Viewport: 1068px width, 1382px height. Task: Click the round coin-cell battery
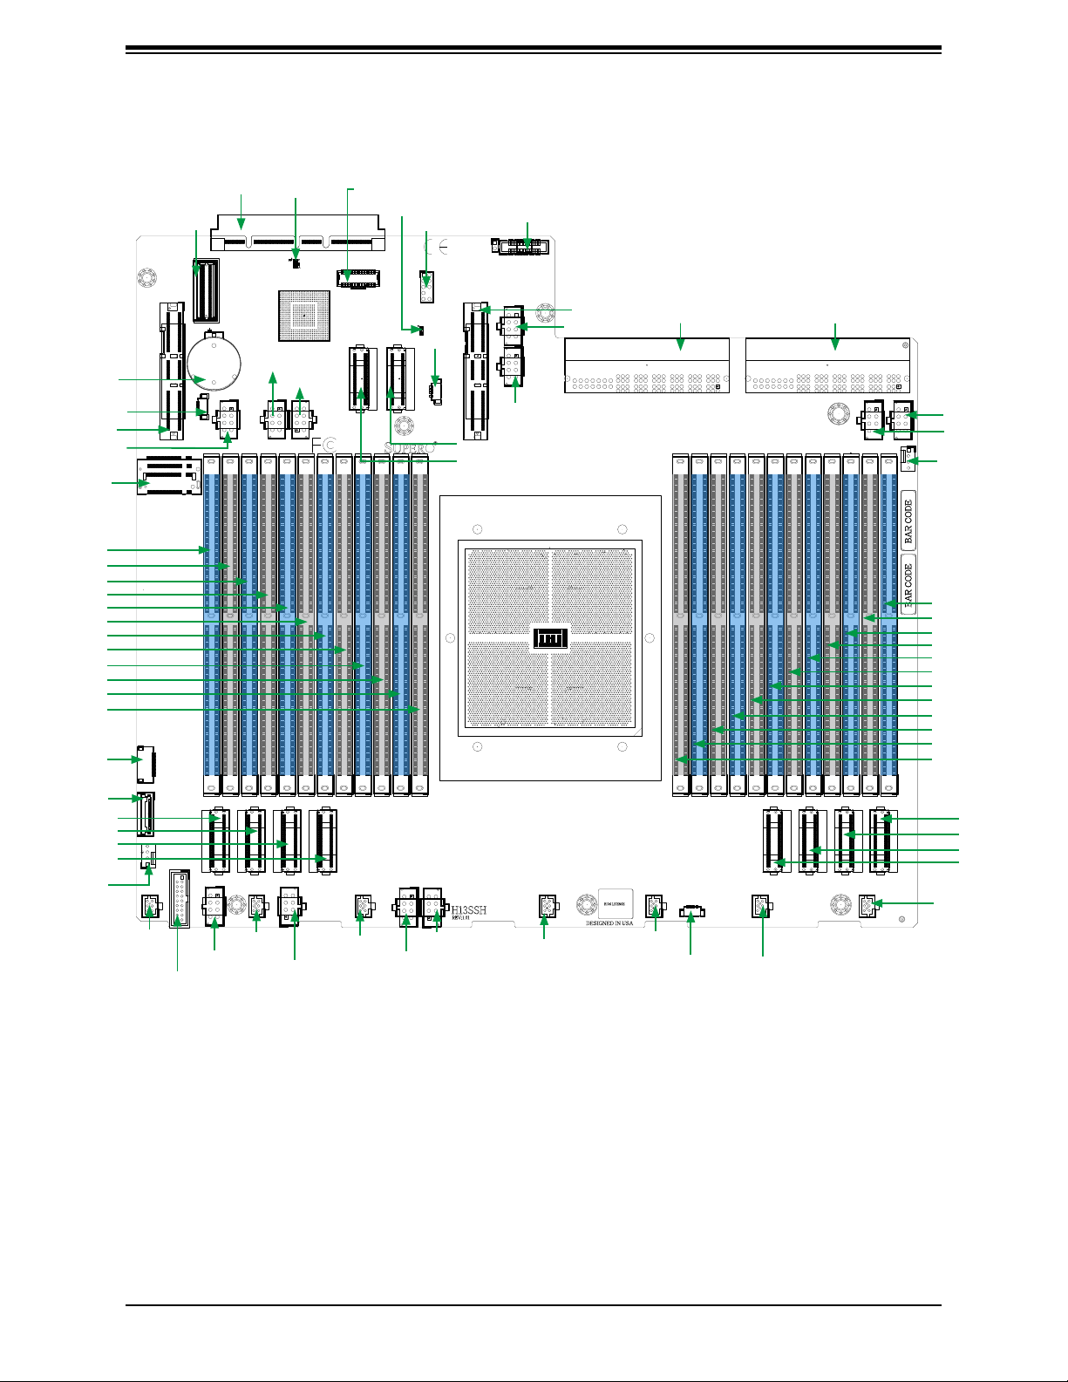click(x=214, y=363)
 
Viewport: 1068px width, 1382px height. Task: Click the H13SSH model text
click(x=469, y=910)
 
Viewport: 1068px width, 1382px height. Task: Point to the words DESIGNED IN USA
click(x=609, y=923)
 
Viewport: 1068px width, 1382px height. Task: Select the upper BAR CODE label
click(x=908, y=521)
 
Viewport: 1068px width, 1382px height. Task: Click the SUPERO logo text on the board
click(x=409, y=447)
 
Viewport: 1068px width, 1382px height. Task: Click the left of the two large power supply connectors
click(x=647, y=366)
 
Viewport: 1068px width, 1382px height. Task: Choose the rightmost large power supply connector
click(x=827, y=366)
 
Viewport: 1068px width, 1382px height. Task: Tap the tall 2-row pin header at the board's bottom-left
click(x=179, y=898)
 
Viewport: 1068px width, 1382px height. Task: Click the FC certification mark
click(x=323, y=445)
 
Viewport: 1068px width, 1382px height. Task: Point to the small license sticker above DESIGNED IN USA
click(x=615, y=904)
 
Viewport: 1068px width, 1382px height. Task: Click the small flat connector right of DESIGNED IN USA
click(x=690, y=912)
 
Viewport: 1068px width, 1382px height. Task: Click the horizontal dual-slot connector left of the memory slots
click(x=169, y=475)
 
